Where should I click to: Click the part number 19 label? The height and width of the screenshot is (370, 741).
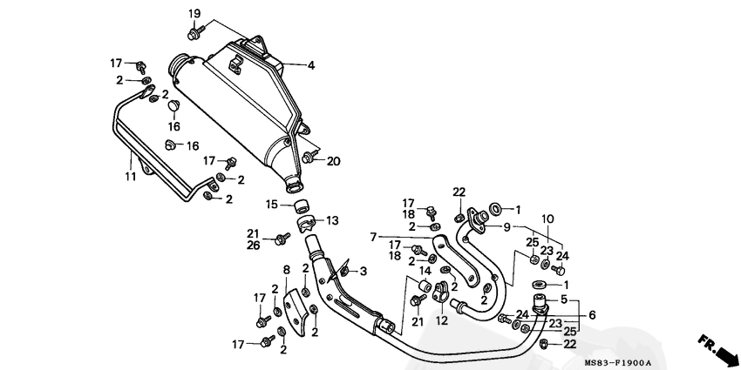[x=194, y=13]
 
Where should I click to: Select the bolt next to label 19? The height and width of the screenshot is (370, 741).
[x=195, y=32]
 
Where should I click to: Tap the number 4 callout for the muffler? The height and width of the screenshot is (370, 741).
[x=310, y=65]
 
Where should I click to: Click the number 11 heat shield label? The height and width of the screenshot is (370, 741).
[x=131, y=177]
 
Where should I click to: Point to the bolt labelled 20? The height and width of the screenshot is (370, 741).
[x=309, y=158]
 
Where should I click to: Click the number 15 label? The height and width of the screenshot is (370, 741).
[x=271, y=205]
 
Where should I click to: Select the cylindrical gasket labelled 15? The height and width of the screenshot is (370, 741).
[x=302, y=207]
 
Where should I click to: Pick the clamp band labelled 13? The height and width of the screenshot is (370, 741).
[x=306, y=224]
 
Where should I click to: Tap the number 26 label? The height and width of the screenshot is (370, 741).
[x=254, y=246]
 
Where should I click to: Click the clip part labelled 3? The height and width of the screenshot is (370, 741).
[x=344, y=270]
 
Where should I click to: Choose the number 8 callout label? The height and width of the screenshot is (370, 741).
[x=287, y=271]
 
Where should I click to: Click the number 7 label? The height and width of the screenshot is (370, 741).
[x=373, y=238]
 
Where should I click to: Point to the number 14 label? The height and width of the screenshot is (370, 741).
[x=425, y=271]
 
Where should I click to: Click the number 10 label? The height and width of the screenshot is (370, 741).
[x=547, y=219]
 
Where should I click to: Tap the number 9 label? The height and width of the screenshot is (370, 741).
[x=507, y=227]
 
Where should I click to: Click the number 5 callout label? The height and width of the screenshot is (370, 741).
[x=564, y=299]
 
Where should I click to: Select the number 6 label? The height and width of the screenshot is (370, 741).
[x=592, y=315]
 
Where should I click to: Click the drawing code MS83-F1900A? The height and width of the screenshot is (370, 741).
[x=618, y=363]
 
